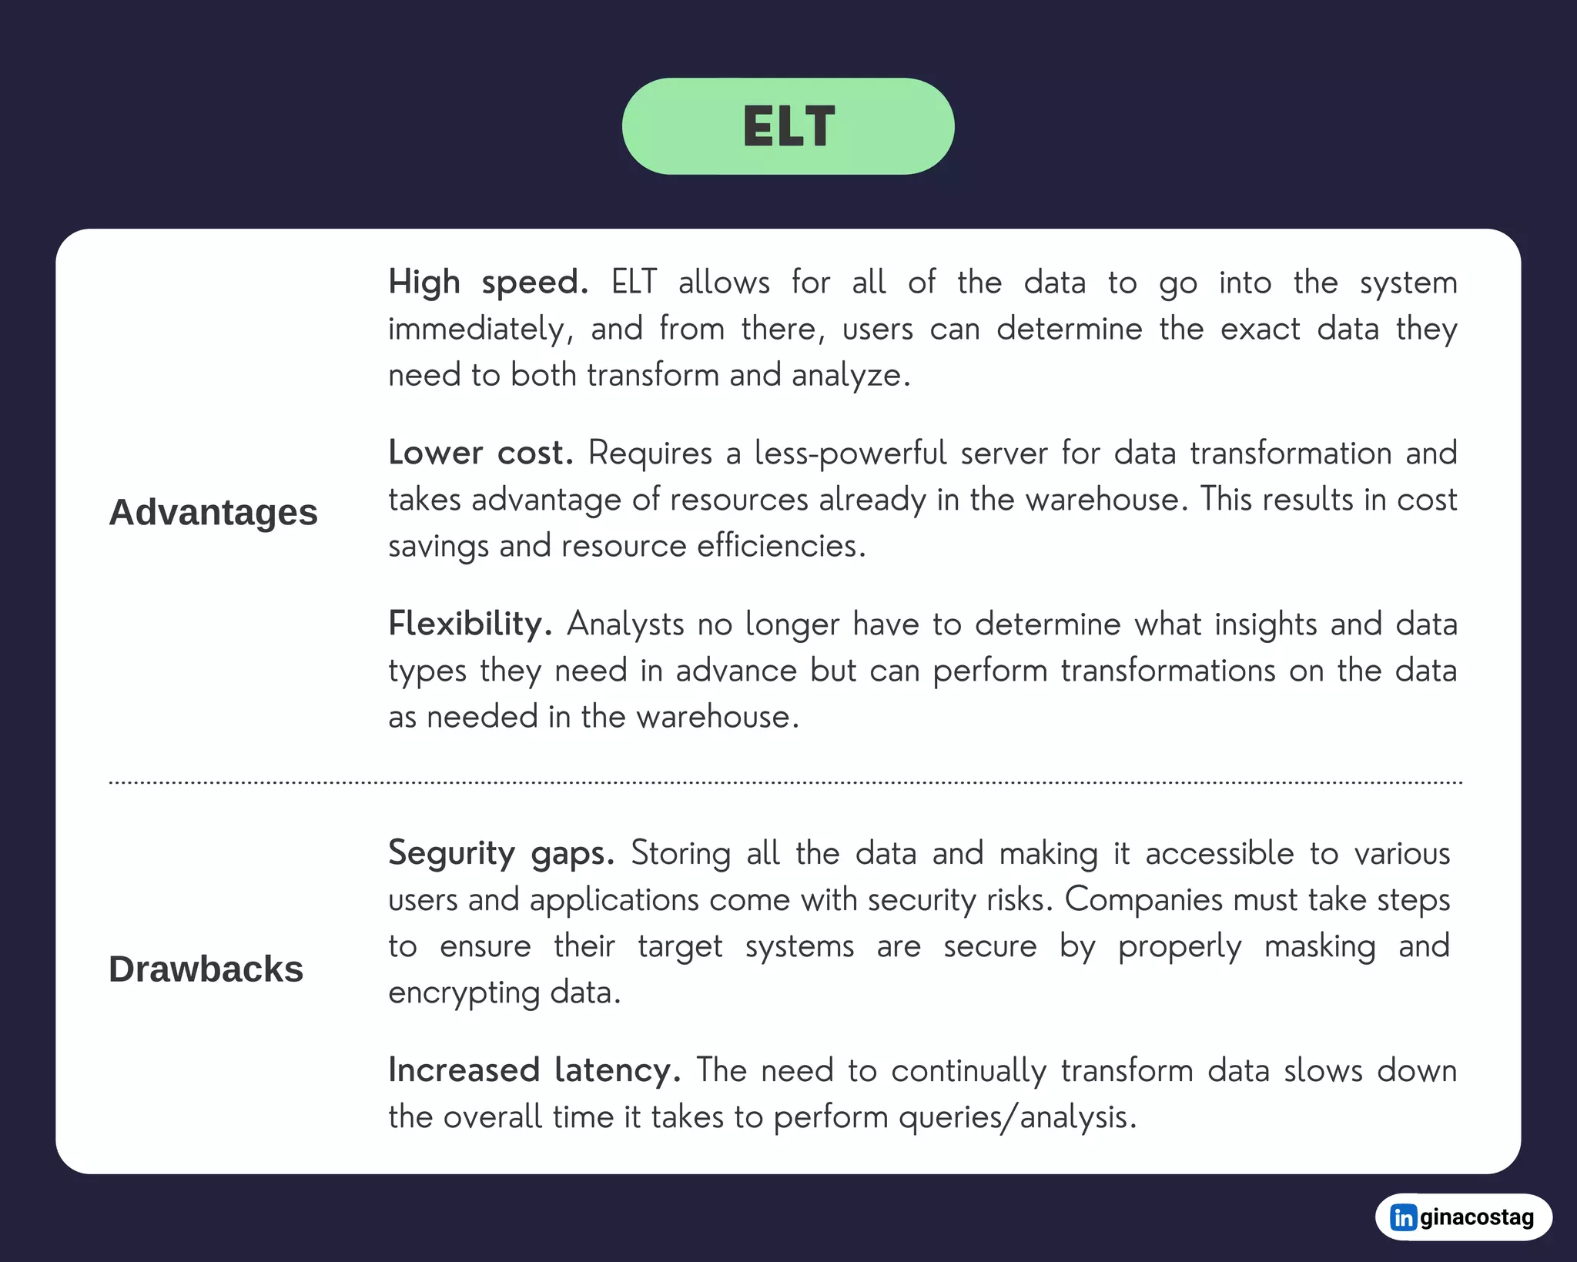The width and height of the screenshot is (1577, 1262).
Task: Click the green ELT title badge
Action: pyautogui.click(x=788, y=126)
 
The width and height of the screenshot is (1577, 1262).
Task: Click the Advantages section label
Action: pyautogui.click(x=213, y=513)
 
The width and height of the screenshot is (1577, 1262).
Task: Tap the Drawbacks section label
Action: pyautogui.click(x=206, y=969)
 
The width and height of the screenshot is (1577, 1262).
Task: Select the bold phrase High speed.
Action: pyautogui.click(x=487, y=283)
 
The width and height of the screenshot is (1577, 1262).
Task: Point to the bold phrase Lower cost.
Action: pyautogui.click(x=480, y=453)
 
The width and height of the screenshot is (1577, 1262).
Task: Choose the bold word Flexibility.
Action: pyautogui.click(x=470, y=624)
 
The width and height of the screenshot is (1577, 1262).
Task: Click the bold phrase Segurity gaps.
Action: pyautogui.click(x=501, y=853)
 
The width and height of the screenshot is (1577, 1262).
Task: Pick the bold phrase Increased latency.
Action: pyautogui.click(x=534, y=1070)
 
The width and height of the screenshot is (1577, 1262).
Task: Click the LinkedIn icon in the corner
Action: pyautogui.click(x=1403, y=1217)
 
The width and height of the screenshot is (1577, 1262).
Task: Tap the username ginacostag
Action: pyautogui.click(x=1476, y=1217)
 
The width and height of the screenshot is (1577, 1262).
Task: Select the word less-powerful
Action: pyautogui.click(x=850, y=454)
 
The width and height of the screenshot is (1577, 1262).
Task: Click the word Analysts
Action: pyautogui.click(x=625, y=624)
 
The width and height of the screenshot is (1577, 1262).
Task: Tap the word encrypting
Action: pyautogui.click(x=464, y=993)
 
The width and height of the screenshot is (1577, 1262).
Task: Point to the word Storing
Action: pyautogui.click(x=681, y=854)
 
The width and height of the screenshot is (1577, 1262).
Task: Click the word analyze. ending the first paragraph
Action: pyautogui.click(x=850, y=376)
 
